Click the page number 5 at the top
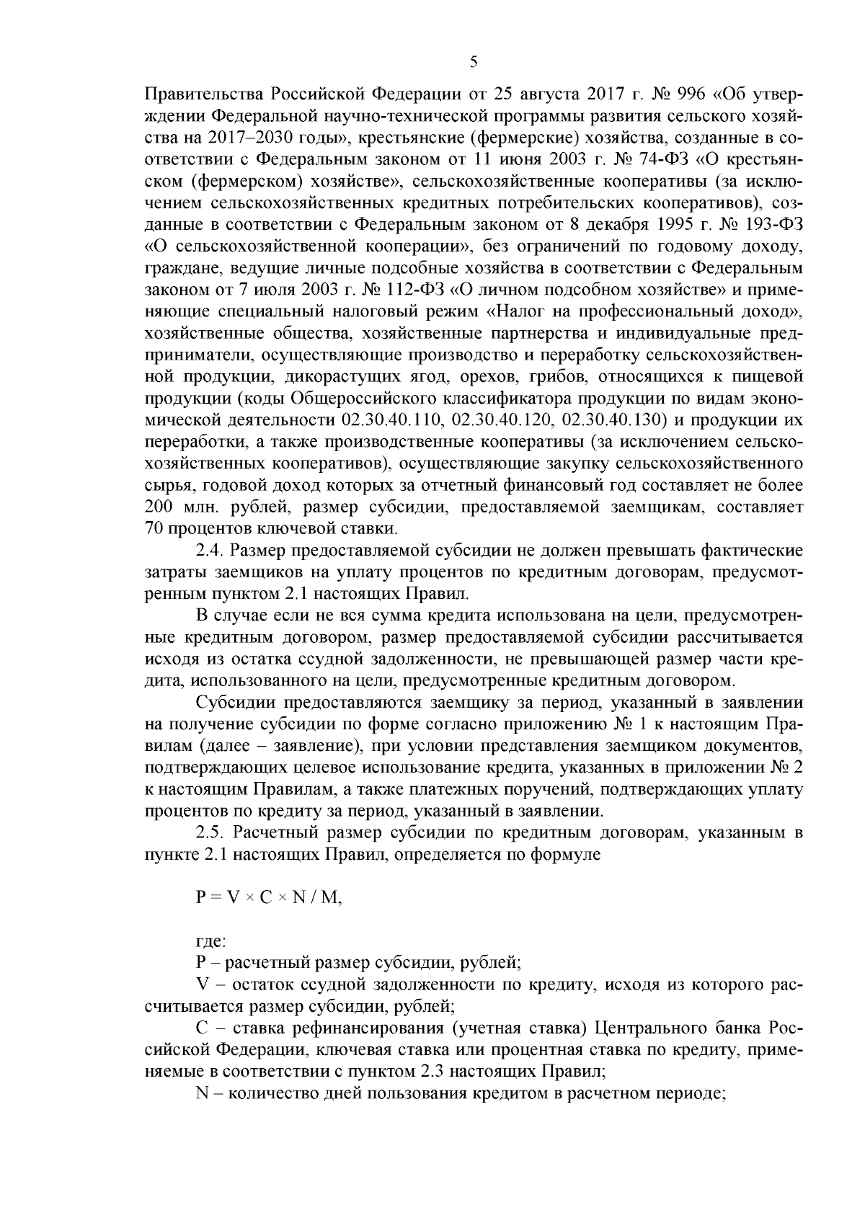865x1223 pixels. pyautogui.click(x=473, y=63)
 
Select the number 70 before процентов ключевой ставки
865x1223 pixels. pyautogui.click(x=154, y=528)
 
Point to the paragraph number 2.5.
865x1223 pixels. pyautogui.click(x=209, y=834)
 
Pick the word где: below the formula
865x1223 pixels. pyautogui.click(x=210, y=941)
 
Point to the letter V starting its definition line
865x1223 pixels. pyautogui.click(x=200, y=984)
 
